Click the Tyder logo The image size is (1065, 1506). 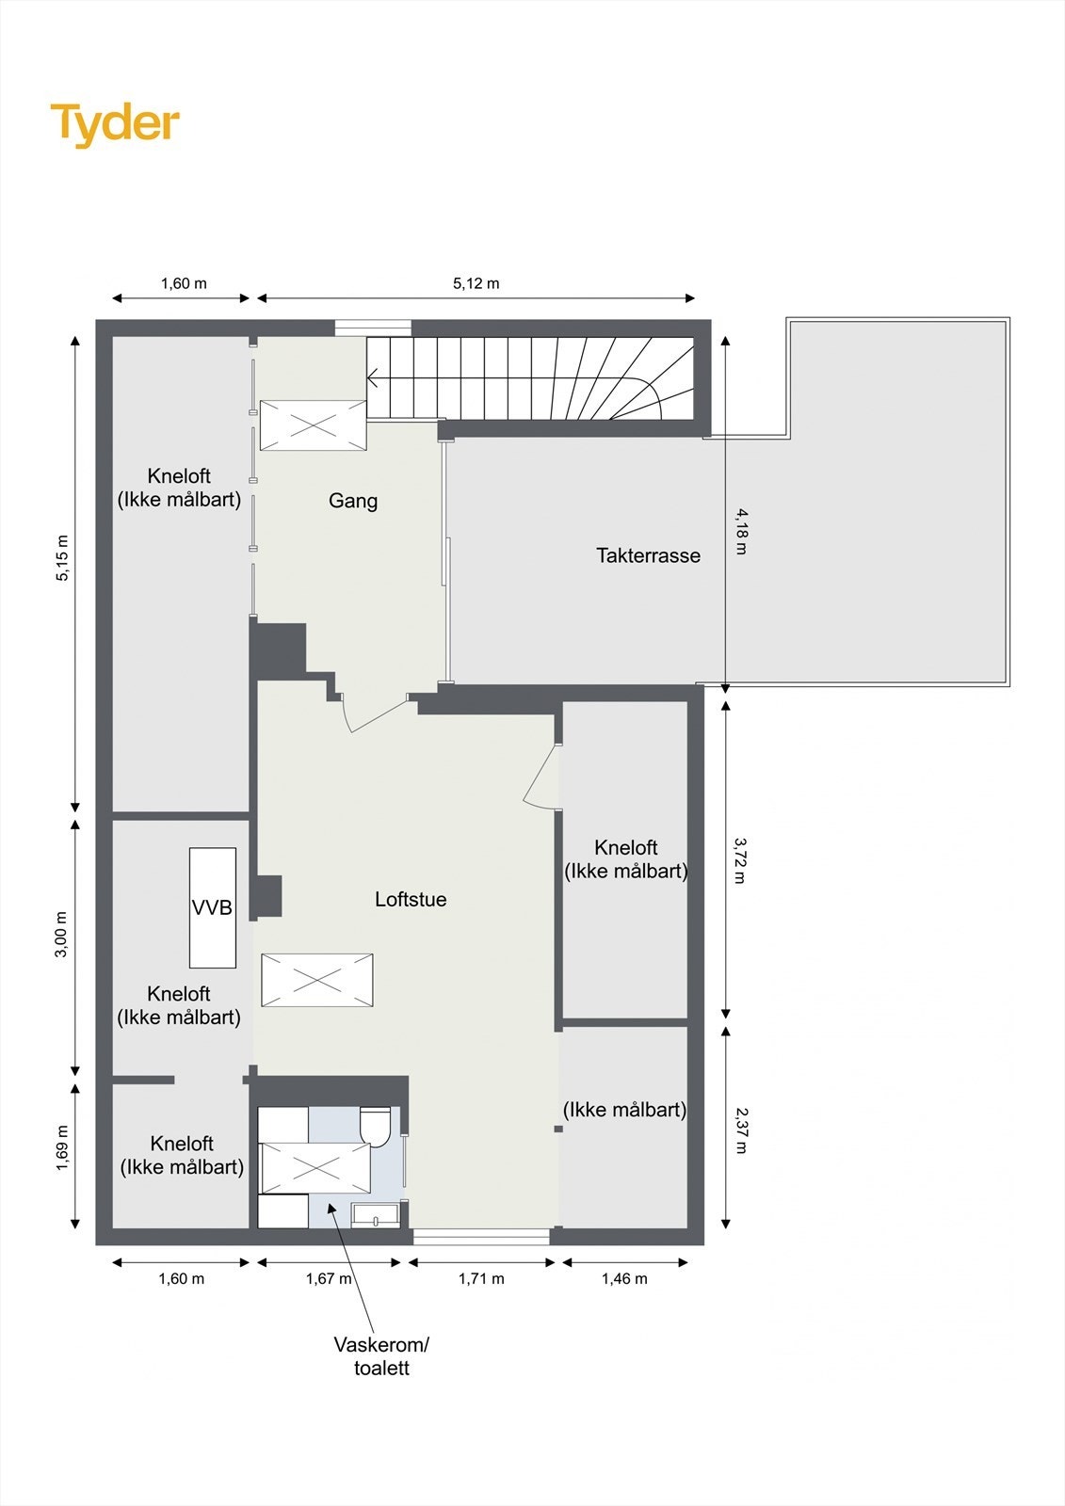(x=115, y=124)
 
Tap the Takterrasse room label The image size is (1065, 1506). (x=648, y=555)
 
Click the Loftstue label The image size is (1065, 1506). (x=411, y=899)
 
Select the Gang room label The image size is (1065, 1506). (x=353, y=501)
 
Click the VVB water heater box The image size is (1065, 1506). (x=212, y=907)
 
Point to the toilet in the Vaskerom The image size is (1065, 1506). (x=376, y=1125)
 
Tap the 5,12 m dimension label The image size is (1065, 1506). (x=476, y=283)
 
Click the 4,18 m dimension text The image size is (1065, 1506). (x=741, y=531)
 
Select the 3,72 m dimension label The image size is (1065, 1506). (x=741, y=860)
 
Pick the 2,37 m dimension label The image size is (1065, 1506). (x=741, y=1130)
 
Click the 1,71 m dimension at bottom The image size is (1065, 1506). (x=481, y=1278)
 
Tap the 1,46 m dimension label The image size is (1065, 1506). (x=624, y=1278)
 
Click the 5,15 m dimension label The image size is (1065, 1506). (x=62, y=558)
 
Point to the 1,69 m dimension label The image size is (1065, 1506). (x=62, y=1148)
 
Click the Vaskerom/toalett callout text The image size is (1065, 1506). (x=381, y=1355)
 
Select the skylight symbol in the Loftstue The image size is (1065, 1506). (x=316, y=980)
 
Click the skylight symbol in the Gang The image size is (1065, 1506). (x=313, y=425)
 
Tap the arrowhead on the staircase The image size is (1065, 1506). (x=372, y=379)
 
